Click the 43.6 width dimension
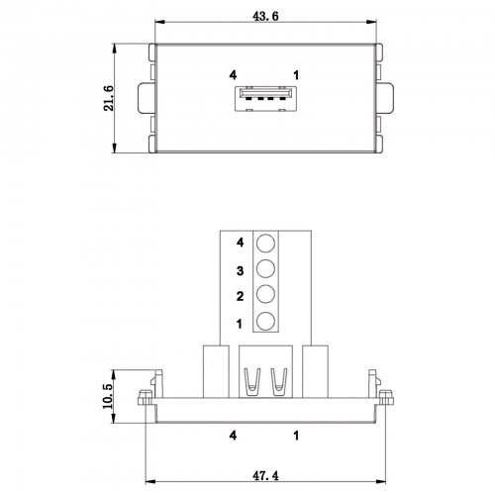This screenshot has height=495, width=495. [x=265, y=16]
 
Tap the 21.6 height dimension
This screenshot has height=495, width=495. [x=109, y=98]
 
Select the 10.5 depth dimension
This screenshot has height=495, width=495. [x=108, y=396]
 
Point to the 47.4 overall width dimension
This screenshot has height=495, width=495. [x=265, y=475]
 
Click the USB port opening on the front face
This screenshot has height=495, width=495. [x=265, y=99]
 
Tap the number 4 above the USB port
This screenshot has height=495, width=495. [x=233, y=75]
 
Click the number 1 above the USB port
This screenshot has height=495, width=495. [x=296, y=75]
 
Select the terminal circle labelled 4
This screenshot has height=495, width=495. [x=265, y=244]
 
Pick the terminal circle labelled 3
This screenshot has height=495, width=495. [x=265, y=268]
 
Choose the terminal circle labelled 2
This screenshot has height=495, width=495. [x=265, y=294]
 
